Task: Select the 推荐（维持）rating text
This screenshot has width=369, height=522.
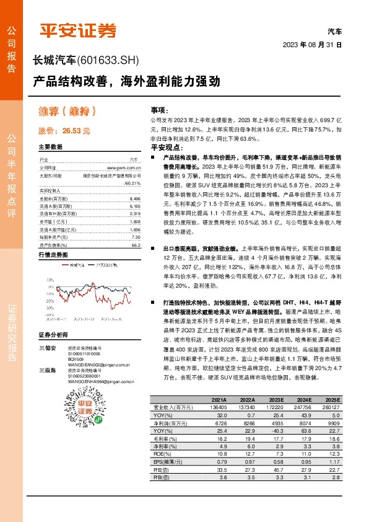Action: coord(66,112)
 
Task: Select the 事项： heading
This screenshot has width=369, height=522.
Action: coord(151,109)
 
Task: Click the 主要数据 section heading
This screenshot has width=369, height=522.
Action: coord(50,147)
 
